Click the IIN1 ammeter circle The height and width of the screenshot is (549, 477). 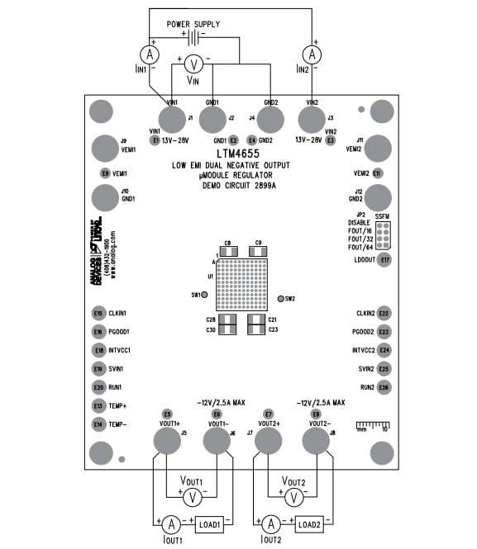tap(149, 54)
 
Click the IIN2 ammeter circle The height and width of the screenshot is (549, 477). tap(312, 54)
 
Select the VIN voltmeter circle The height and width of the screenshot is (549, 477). tap(192, 64)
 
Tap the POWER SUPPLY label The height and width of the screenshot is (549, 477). tap(193, 24)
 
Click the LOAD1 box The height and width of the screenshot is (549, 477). tap(208, 524)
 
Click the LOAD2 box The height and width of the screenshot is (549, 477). tap(308, 524)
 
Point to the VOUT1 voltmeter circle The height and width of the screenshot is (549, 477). tap(193, 497)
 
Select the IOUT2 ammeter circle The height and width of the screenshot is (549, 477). tap(270, 524)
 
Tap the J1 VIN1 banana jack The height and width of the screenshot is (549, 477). tap(172, 121)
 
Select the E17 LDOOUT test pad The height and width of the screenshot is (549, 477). tap(384, 260)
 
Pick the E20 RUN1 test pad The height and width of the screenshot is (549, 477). tap(99, 387)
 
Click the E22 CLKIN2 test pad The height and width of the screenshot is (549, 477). tap(384, 314)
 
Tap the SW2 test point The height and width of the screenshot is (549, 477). tap(279, 299)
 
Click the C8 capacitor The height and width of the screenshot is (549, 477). tap(227, 251)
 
